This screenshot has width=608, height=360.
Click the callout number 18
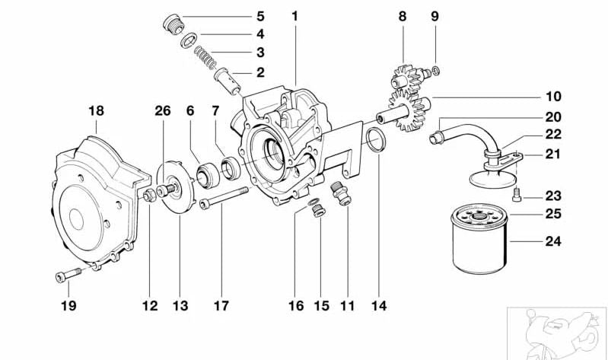click(x=95, y=111)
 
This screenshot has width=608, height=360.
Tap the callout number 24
click(x=552, y=243)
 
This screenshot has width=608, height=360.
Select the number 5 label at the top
click(x=259, y=16)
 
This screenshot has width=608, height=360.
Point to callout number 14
click(x=378, y=306)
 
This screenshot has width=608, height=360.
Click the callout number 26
click(x=162, y=111)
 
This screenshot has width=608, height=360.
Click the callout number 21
click(x=552, y=155)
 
